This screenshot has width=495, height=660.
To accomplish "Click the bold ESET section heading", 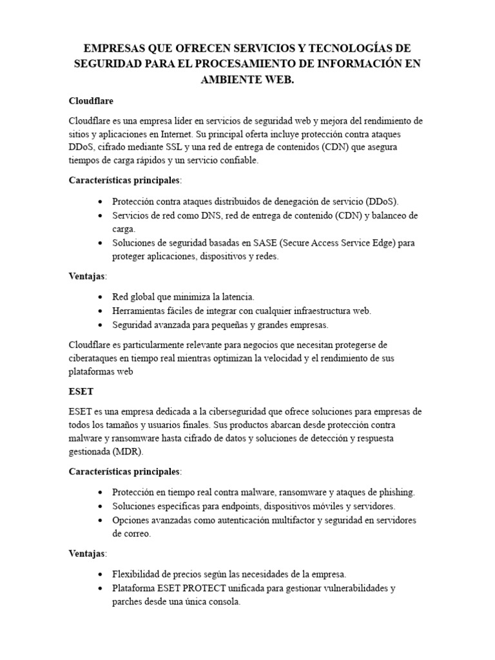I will click(81, 391).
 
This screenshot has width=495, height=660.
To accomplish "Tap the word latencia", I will click(233, 297).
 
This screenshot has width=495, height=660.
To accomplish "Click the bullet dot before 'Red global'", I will click(100, 297).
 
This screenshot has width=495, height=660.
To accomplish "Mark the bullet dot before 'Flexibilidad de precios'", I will click(100, 574).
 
